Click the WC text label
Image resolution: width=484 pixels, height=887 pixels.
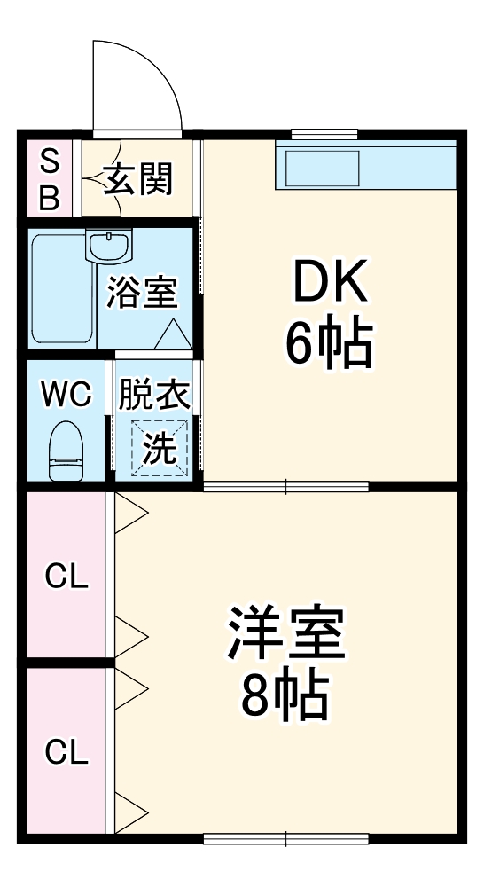click(x=66, y=394)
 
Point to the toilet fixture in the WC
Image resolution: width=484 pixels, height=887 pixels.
click(x=66, y=449)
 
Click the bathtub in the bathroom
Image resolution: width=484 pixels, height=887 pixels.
click(x=62, y=288)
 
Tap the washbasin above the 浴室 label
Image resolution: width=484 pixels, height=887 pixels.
click(x=108, y=245)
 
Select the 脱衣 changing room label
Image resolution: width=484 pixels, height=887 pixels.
click(x=155, y=394)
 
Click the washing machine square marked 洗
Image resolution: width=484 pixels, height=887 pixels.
click(x=160, y=447)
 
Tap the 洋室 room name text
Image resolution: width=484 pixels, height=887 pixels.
click(x=286, y=632)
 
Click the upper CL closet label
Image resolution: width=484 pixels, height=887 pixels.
click(x=67, y=577)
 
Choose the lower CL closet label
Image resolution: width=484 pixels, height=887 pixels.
click(x=67, y=753)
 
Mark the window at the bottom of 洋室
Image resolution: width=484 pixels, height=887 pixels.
click(x=285, y=837)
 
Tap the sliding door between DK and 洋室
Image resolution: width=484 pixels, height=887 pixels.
click(x=285, y=486)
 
